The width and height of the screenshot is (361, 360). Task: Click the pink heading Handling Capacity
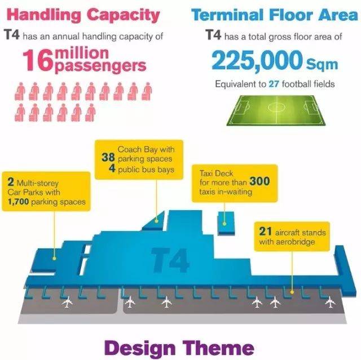click(83, 15)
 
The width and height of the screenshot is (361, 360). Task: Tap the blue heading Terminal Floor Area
click(275, 15)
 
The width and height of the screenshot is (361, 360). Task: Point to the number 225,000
click(257, 60)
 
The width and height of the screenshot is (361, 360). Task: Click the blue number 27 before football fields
click(274, 84)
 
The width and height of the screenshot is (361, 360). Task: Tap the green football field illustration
click(276, 110)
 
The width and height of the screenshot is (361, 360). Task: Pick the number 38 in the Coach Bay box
click(108, 158)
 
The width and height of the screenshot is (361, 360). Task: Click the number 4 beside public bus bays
click(112, 168)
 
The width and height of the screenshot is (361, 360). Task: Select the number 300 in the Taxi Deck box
click(259, 181)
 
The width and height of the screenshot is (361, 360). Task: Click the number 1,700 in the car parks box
click(18, 202)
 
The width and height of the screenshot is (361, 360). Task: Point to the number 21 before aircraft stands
click(265, 232)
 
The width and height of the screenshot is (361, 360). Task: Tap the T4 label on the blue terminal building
click(170, 260)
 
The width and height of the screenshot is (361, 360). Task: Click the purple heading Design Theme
click(179, 348)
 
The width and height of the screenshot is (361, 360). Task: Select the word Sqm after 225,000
click(322, 65)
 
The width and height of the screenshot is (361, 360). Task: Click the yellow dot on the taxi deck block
click(224, 224)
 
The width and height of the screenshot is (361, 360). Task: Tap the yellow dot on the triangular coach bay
click(157, 221)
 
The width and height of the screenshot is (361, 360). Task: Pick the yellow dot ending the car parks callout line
click(54, 259)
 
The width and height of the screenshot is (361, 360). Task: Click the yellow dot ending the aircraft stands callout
click(292, 292)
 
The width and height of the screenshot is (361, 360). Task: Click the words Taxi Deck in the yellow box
click(216, 173)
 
